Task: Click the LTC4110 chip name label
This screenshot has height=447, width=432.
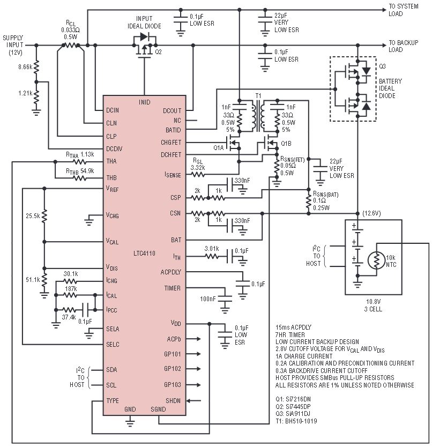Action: [x=144, y=253]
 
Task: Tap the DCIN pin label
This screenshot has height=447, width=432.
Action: [x=113, y=110]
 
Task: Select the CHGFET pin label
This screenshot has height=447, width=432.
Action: [x=171, y=142]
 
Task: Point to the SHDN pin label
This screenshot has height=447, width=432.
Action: [x=173, y=400]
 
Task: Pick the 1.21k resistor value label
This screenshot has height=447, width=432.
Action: [x=25, y=93]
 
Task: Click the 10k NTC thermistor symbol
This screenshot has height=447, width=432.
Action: [x=376, y=260]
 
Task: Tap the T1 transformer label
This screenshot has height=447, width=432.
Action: [x=258, y=96]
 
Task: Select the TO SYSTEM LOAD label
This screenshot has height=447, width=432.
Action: [x=404, y=10]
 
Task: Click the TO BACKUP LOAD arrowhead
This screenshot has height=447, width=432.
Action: [x=384, y=46]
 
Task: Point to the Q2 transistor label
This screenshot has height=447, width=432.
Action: [x=158, y=52]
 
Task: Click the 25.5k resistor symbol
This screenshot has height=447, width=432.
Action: [x=44, y=217]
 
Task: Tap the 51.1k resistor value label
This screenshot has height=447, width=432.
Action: [x=33, y=280]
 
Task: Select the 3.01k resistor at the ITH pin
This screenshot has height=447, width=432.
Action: [x=212, y=257]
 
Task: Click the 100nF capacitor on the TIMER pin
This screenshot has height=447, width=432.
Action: [x=225, y=299]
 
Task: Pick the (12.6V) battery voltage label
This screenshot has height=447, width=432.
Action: [x=371, y=213]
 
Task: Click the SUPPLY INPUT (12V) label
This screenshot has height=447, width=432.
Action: [x=13, y=45]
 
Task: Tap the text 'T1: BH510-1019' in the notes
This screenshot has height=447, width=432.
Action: [x=296, y=421]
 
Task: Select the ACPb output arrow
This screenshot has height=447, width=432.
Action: [x=194, y=339]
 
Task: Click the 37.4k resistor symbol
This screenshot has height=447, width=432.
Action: [x=69, y=310]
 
